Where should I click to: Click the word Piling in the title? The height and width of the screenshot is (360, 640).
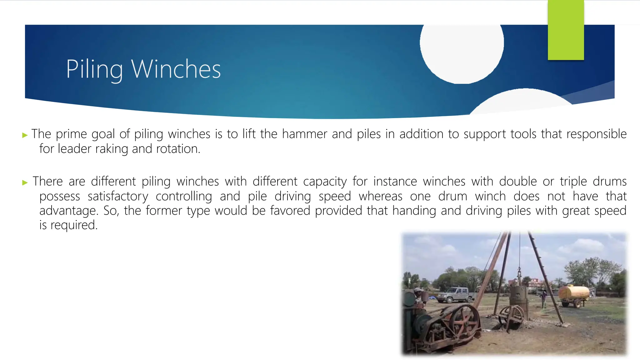point(94,69)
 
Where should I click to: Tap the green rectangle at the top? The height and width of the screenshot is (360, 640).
point(566,30)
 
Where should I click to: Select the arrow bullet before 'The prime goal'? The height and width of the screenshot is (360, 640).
point(25,135)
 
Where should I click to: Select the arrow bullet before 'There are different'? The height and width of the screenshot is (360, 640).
point(25,182)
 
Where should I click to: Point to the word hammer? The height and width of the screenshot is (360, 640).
point(304,134)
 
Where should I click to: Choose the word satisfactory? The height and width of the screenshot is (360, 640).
point(118,197)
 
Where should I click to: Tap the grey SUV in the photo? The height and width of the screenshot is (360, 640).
point(455,294)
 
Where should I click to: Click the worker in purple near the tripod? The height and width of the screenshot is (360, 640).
point(544,297)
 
